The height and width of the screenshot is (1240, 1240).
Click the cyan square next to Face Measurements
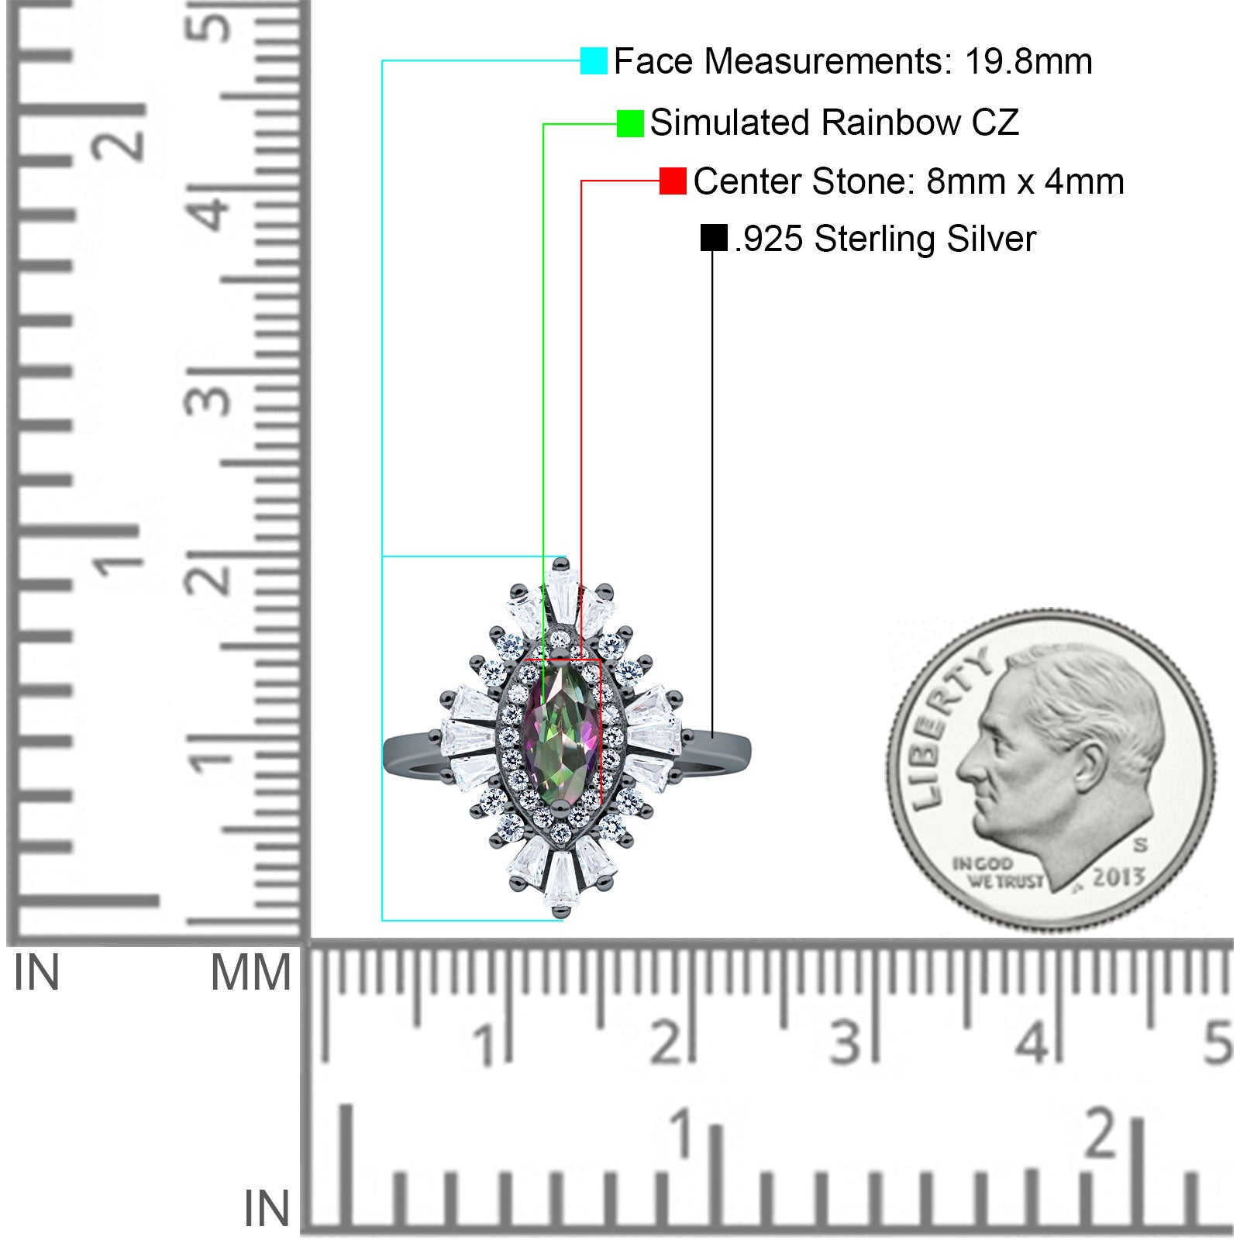pyautogui.click(x=594, y=60)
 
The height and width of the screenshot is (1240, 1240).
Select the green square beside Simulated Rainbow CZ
pyautogui.click(x=630, y=123)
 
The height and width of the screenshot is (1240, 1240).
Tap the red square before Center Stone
pyautogui.click(x=673, y=181)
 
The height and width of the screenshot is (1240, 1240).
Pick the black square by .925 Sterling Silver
pyautogui.click(x=714, y=238)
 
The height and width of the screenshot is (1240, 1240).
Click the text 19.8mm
pyautogui.click(x=1028, y=61)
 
